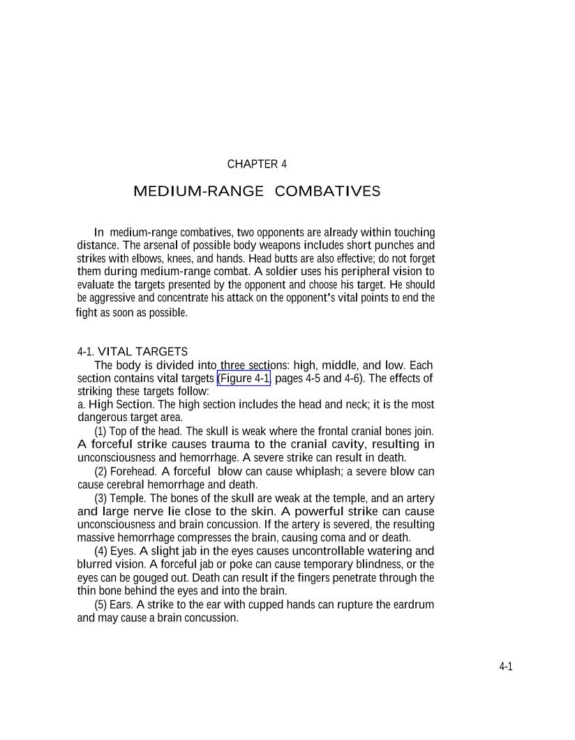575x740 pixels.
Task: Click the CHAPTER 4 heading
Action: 257,165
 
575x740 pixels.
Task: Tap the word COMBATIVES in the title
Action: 328,191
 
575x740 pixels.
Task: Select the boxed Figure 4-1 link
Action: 244,379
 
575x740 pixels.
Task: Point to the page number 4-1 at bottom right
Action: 506,667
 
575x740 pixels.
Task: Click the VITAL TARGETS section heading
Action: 142,351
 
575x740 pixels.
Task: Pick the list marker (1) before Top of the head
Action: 100,431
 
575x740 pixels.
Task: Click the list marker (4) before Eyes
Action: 100,552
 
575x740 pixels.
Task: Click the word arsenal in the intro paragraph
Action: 160,246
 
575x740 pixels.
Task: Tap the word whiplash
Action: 319,471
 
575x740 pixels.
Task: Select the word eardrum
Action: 414,605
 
